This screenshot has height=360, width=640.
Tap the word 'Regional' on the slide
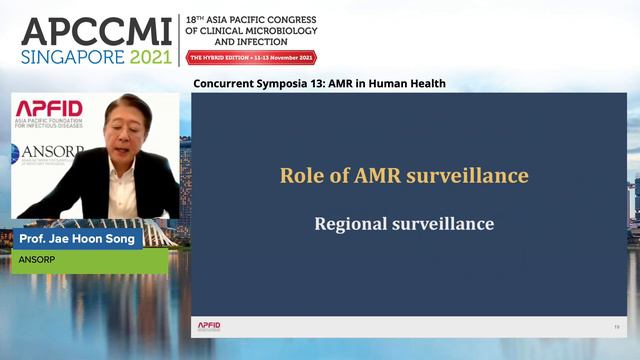(x=349, y=223)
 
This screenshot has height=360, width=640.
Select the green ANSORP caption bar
(x=89, y=261)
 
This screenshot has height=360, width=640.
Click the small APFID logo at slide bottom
(x=209, y=326)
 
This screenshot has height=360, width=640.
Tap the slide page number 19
(x=616, y=327)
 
